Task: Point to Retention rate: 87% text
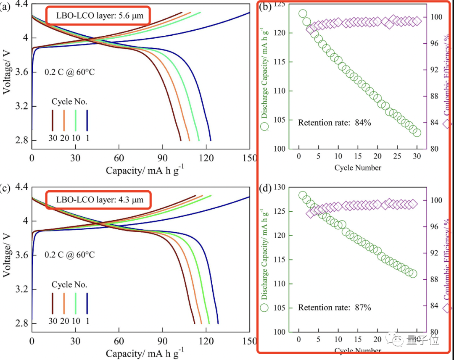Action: pyautogui.click(x=335, y=307)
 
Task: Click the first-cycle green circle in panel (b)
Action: pyautogui.click(x=303, y=13)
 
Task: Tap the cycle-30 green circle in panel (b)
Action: pyautogui.click(x=417, y=132)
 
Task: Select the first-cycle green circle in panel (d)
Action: pyautogui.click(x=303, y=195)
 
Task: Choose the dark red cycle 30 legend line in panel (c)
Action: pyautogui.click(x=53, y=302)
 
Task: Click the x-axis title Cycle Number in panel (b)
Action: pyautogui.click(x=358, y=168)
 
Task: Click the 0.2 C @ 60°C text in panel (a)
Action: pyautogui.click(x=70, y=72)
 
